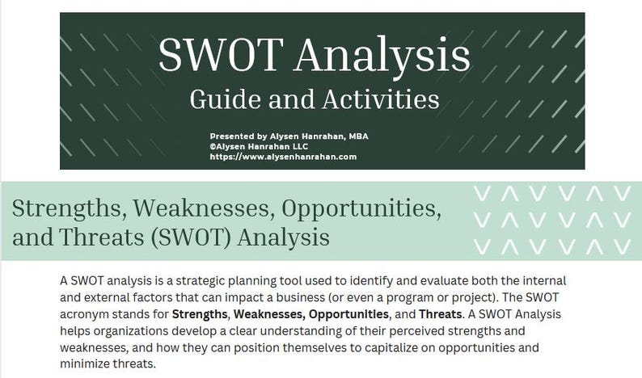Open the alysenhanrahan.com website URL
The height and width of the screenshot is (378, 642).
pyautogui.click(x=282, y=157)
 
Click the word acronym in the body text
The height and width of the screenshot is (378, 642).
pyautogui.click(x=89, y=313)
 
